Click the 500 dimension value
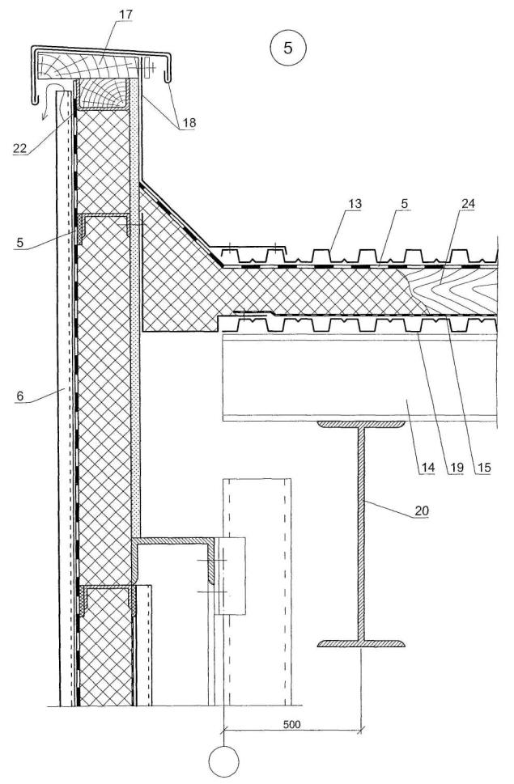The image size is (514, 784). tap(293, 724)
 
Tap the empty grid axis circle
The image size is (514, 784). tap(224, 762)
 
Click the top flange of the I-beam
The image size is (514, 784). tap(361, 424)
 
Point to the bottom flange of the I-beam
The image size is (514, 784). tap(361, 644)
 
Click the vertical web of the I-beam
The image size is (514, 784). tap(361, 534)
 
